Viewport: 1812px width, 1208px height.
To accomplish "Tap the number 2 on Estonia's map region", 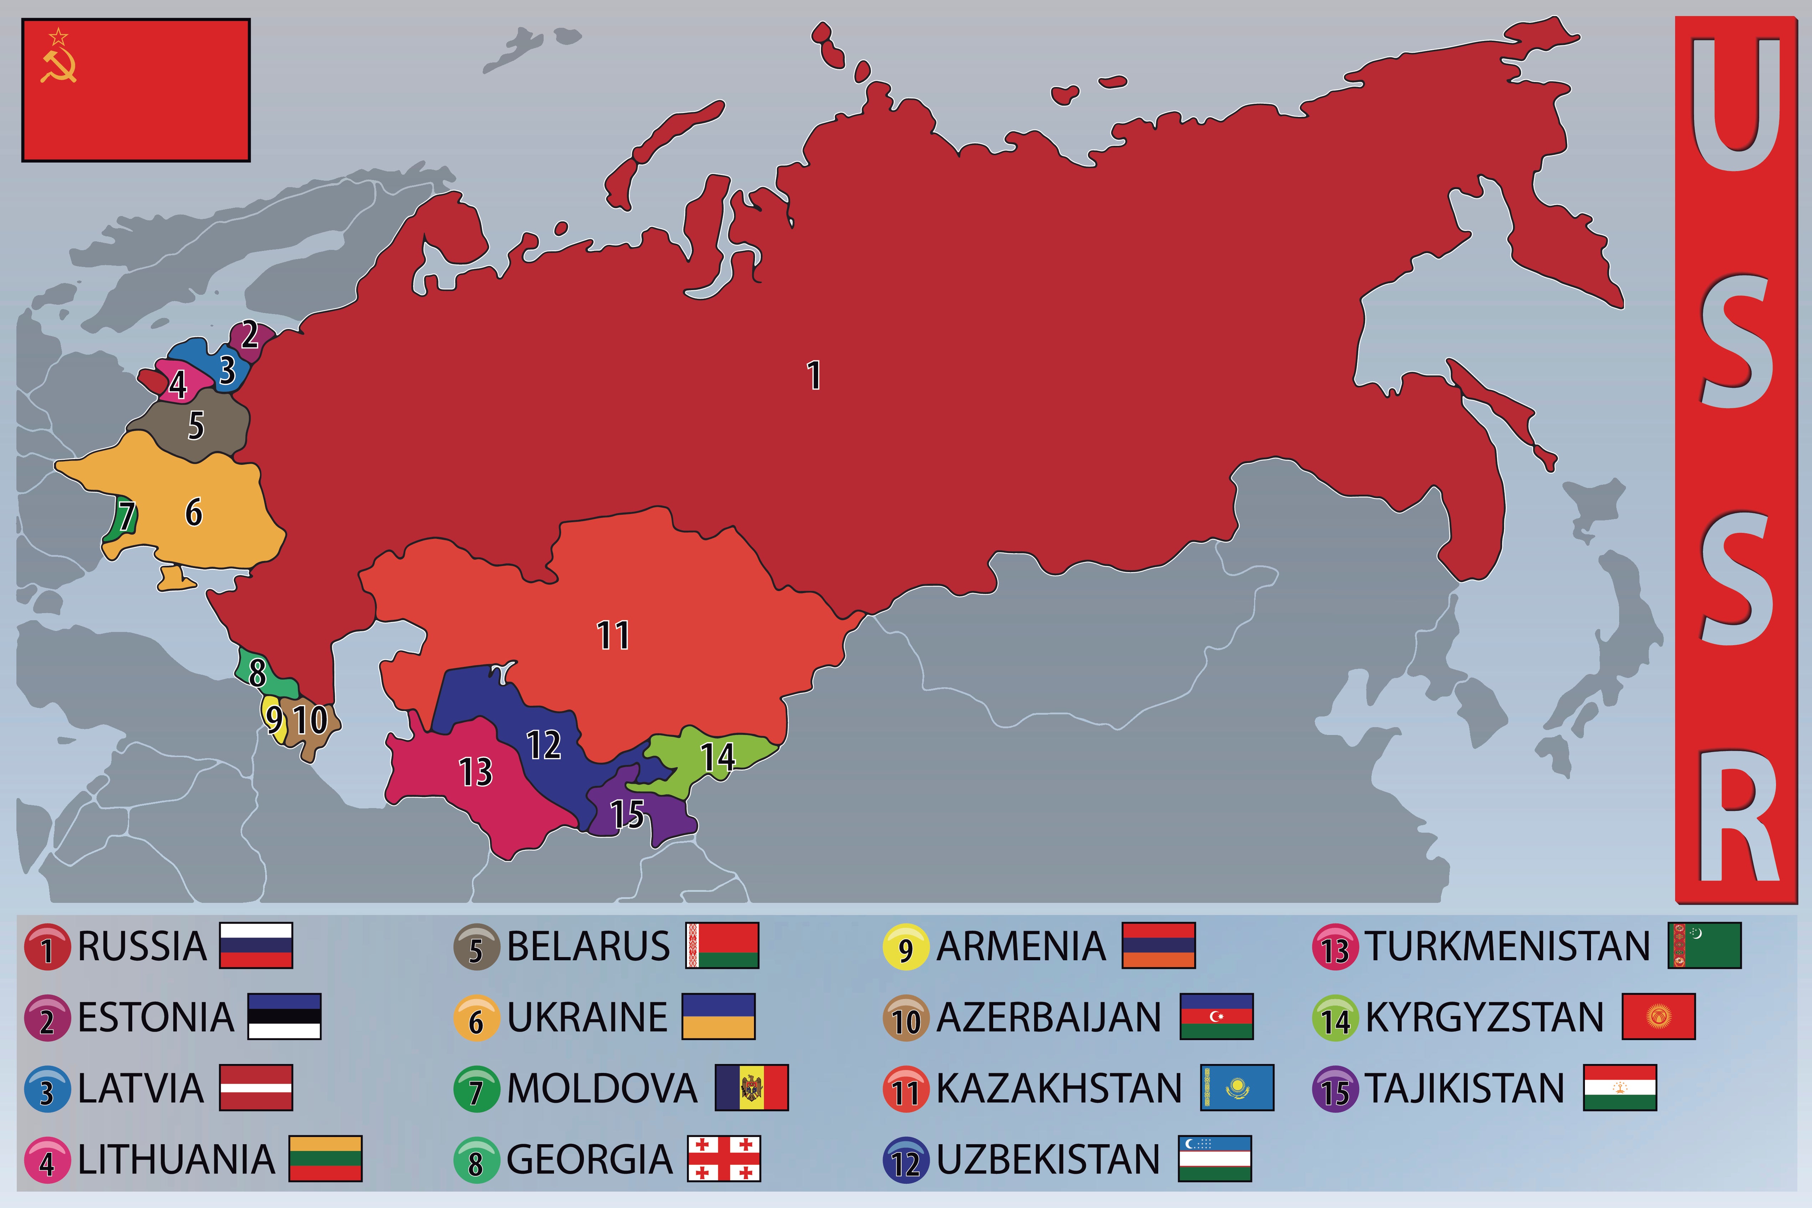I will (x=250, y=335).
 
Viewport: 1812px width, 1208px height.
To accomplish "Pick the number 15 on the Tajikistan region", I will (x=627, y=813).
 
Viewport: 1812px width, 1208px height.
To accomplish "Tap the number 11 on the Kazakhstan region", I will (x=613, y=636).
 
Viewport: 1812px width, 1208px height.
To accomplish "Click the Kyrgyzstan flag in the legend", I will (x=1658, y=1016).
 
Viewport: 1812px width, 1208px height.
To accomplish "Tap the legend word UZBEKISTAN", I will (x=1048, y=1159).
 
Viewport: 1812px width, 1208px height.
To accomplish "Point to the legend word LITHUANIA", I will (x=176, y=1159).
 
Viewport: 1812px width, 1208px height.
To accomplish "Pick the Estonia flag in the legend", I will (x=283, y=1016).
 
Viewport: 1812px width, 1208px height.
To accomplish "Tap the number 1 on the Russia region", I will (x=813, y=375).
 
